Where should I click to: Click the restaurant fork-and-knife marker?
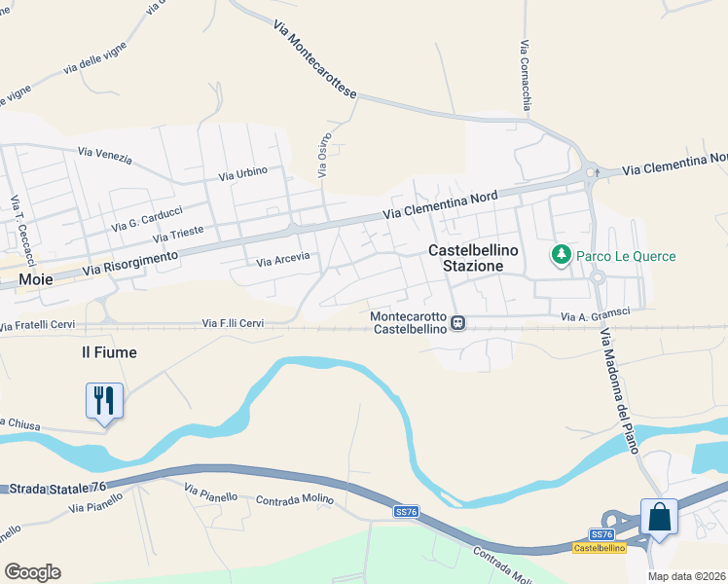coord(105,401)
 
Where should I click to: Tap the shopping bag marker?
coord(659,517)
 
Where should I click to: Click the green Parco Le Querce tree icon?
coord(561,256)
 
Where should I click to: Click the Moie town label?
coord(36,280)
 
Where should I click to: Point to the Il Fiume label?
coord(108,352)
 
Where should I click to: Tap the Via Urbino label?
coord(243,174)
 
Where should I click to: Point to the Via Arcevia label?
coord(282,260)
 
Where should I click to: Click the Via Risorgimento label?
coord(130,262)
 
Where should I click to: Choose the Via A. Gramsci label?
coord(595,314)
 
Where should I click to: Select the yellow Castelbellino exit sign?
coord(597,549)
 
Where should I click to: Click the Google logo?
coord(32,572)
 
